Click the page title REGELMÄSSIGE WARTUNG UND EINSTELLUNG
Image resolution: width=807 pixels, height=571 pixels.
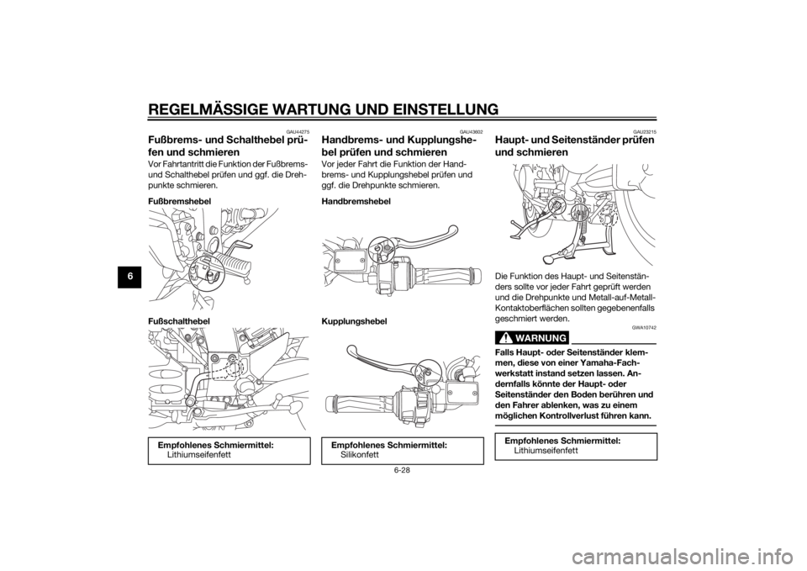coord(323,109)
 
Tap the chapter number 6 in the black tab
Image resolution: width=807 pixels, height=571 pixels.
coord(132,276)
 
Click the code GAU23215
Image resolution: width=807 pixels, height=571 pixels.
coord(646,132)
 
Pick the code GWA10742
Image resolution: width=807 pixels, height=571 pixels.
coord(646,327)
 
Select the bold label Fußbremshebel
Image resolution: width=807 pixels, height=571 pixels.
coord(179,201)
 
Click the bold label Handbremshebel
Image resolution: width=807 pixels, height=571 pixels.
coord(356,201)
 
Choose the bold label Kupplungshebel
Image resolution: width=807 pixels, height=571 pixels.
coord(355,320)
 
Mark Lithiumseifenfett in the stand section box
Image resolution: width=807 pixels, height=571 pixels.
coord(546,451)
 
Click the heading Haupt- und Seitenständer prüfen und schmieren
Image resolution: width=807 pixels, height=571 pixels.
coord(574,146)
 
